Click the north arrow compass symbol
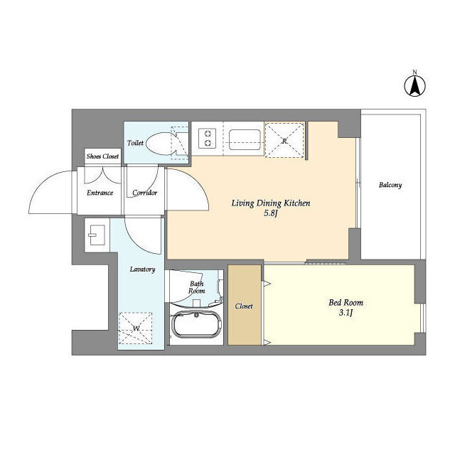tap(415, 85)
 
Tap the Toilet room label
tap(135, 143)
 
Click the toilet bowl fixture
tap(162, 144)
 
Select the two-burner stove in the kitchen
tap(207, 138)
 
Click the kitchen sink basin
tap(245, 139)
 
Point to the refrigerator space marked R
tap(284, 141)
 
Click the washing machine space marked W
tap(136, 328)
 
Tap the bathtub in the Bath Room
tap(196, 324)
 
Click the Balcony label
tap(390, 185)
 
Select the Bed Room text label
tap(346, 303)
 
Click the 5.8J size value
tap(271, 213)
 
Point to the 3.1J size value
tap(346, 313)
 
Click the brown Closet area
tap(245, 305)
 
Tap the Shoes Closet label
tap(102, 156)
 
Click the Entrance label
tap(100, 193)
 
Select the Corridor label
tap(144, 193)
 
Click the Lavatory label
tap(142, 269)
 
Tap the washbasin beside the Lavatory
tap(97, 235)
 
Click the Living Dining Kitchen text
tap(271, 203)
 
